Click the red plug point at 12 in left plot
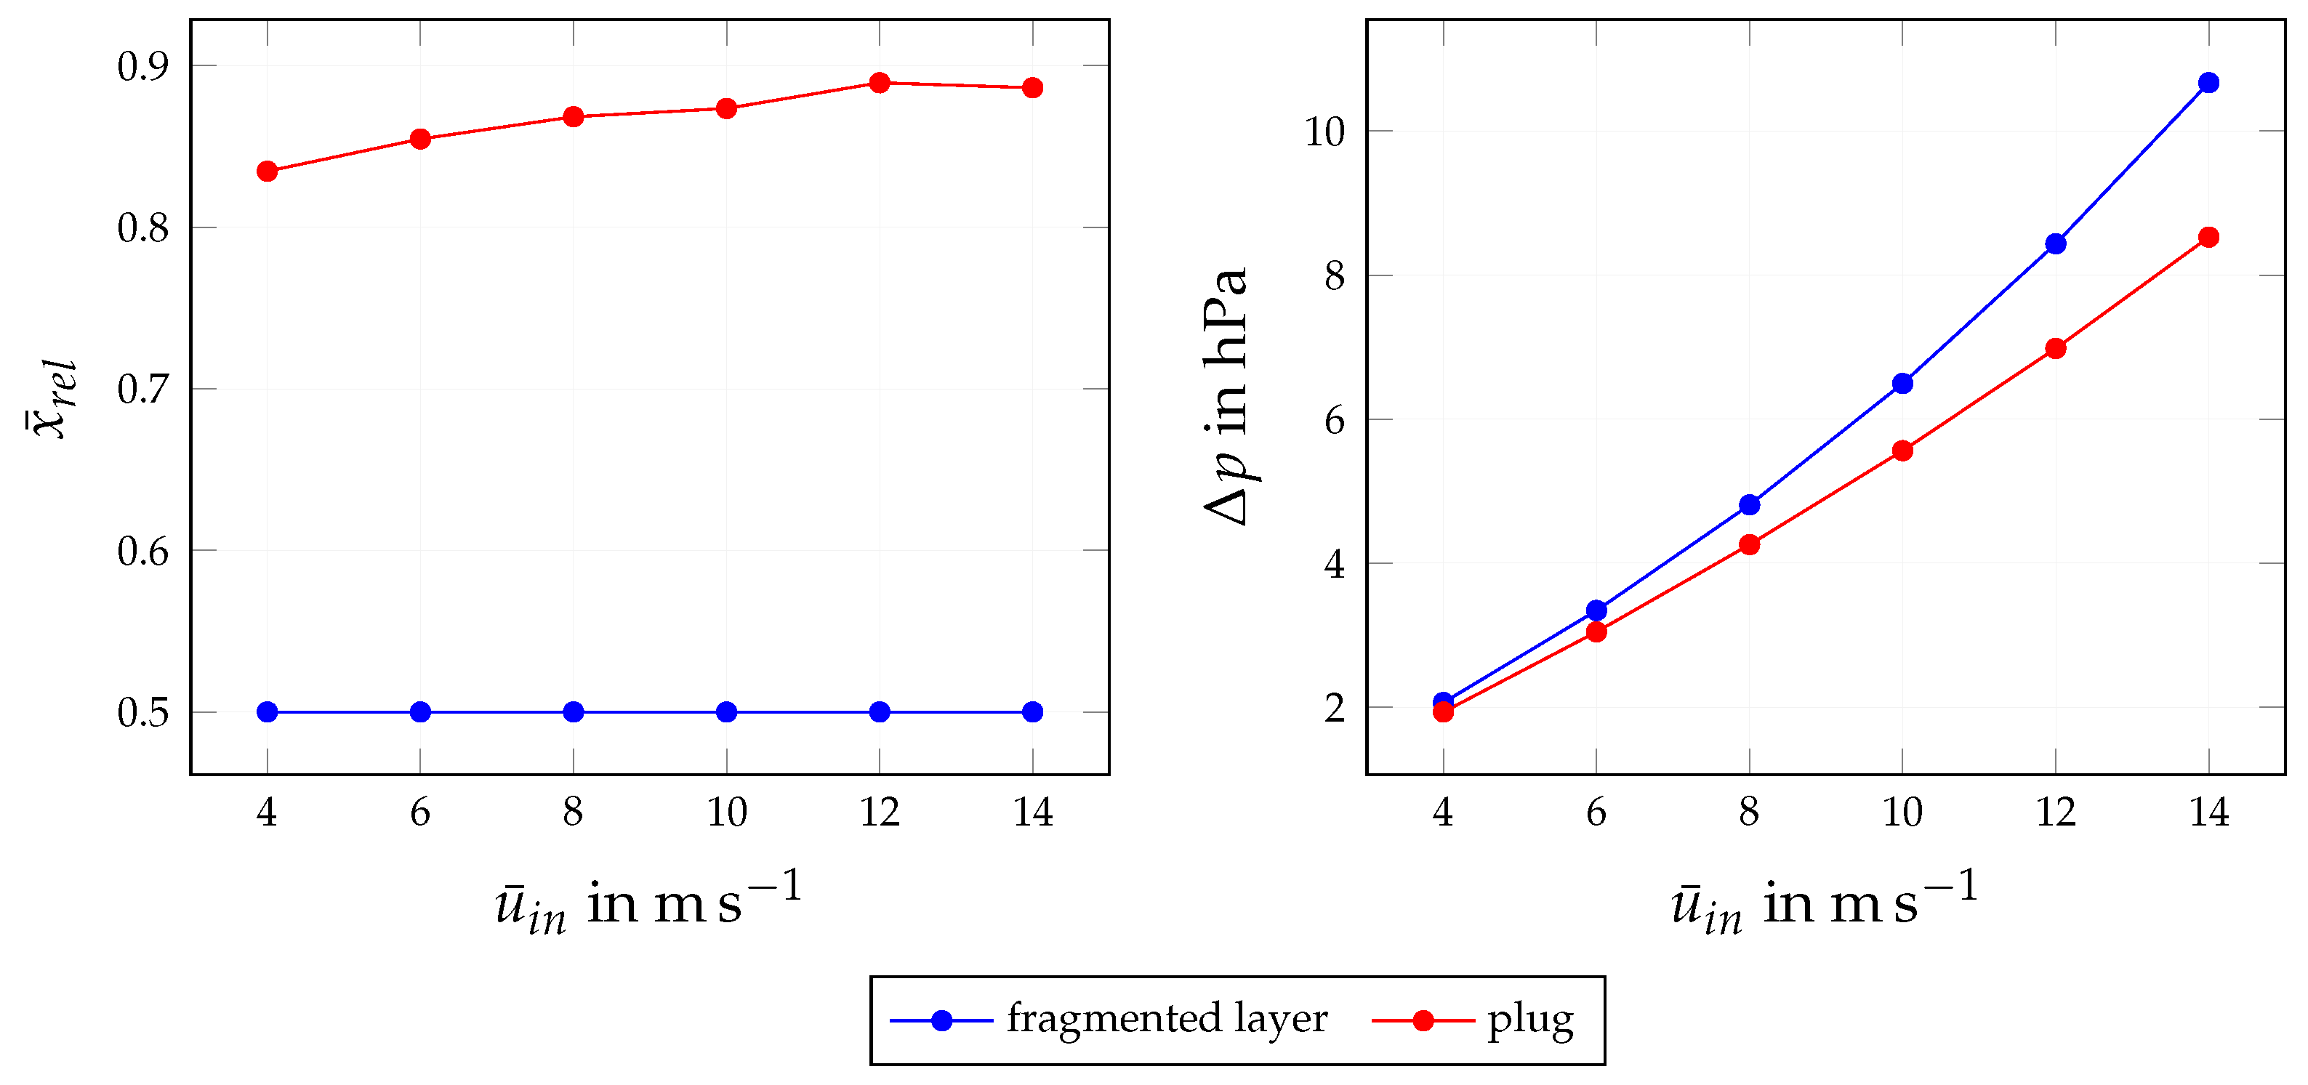(879, 82)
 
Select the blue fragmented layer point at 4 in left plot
(267, 711)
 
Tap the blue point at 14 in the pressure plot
(2208, 82)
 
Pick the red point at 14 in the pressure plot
(2208, 236)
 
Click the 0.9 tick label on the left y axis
(142, 66)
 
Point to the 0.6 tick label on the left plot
(142, 551)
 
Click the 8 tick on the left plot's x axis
(573, 812)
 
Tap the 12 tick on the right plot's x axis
(2055, 812)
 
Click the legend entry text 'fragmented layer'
(1167, 1019)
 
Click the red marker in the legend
(1423, 1020)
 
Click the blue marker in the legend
(941, 1020)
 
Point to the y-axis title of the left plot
(52, 399)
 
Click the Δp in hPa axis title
(1226, 396)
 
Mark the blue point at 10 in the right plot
(1902, 384)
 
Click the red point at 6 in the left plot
(420, 139)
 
